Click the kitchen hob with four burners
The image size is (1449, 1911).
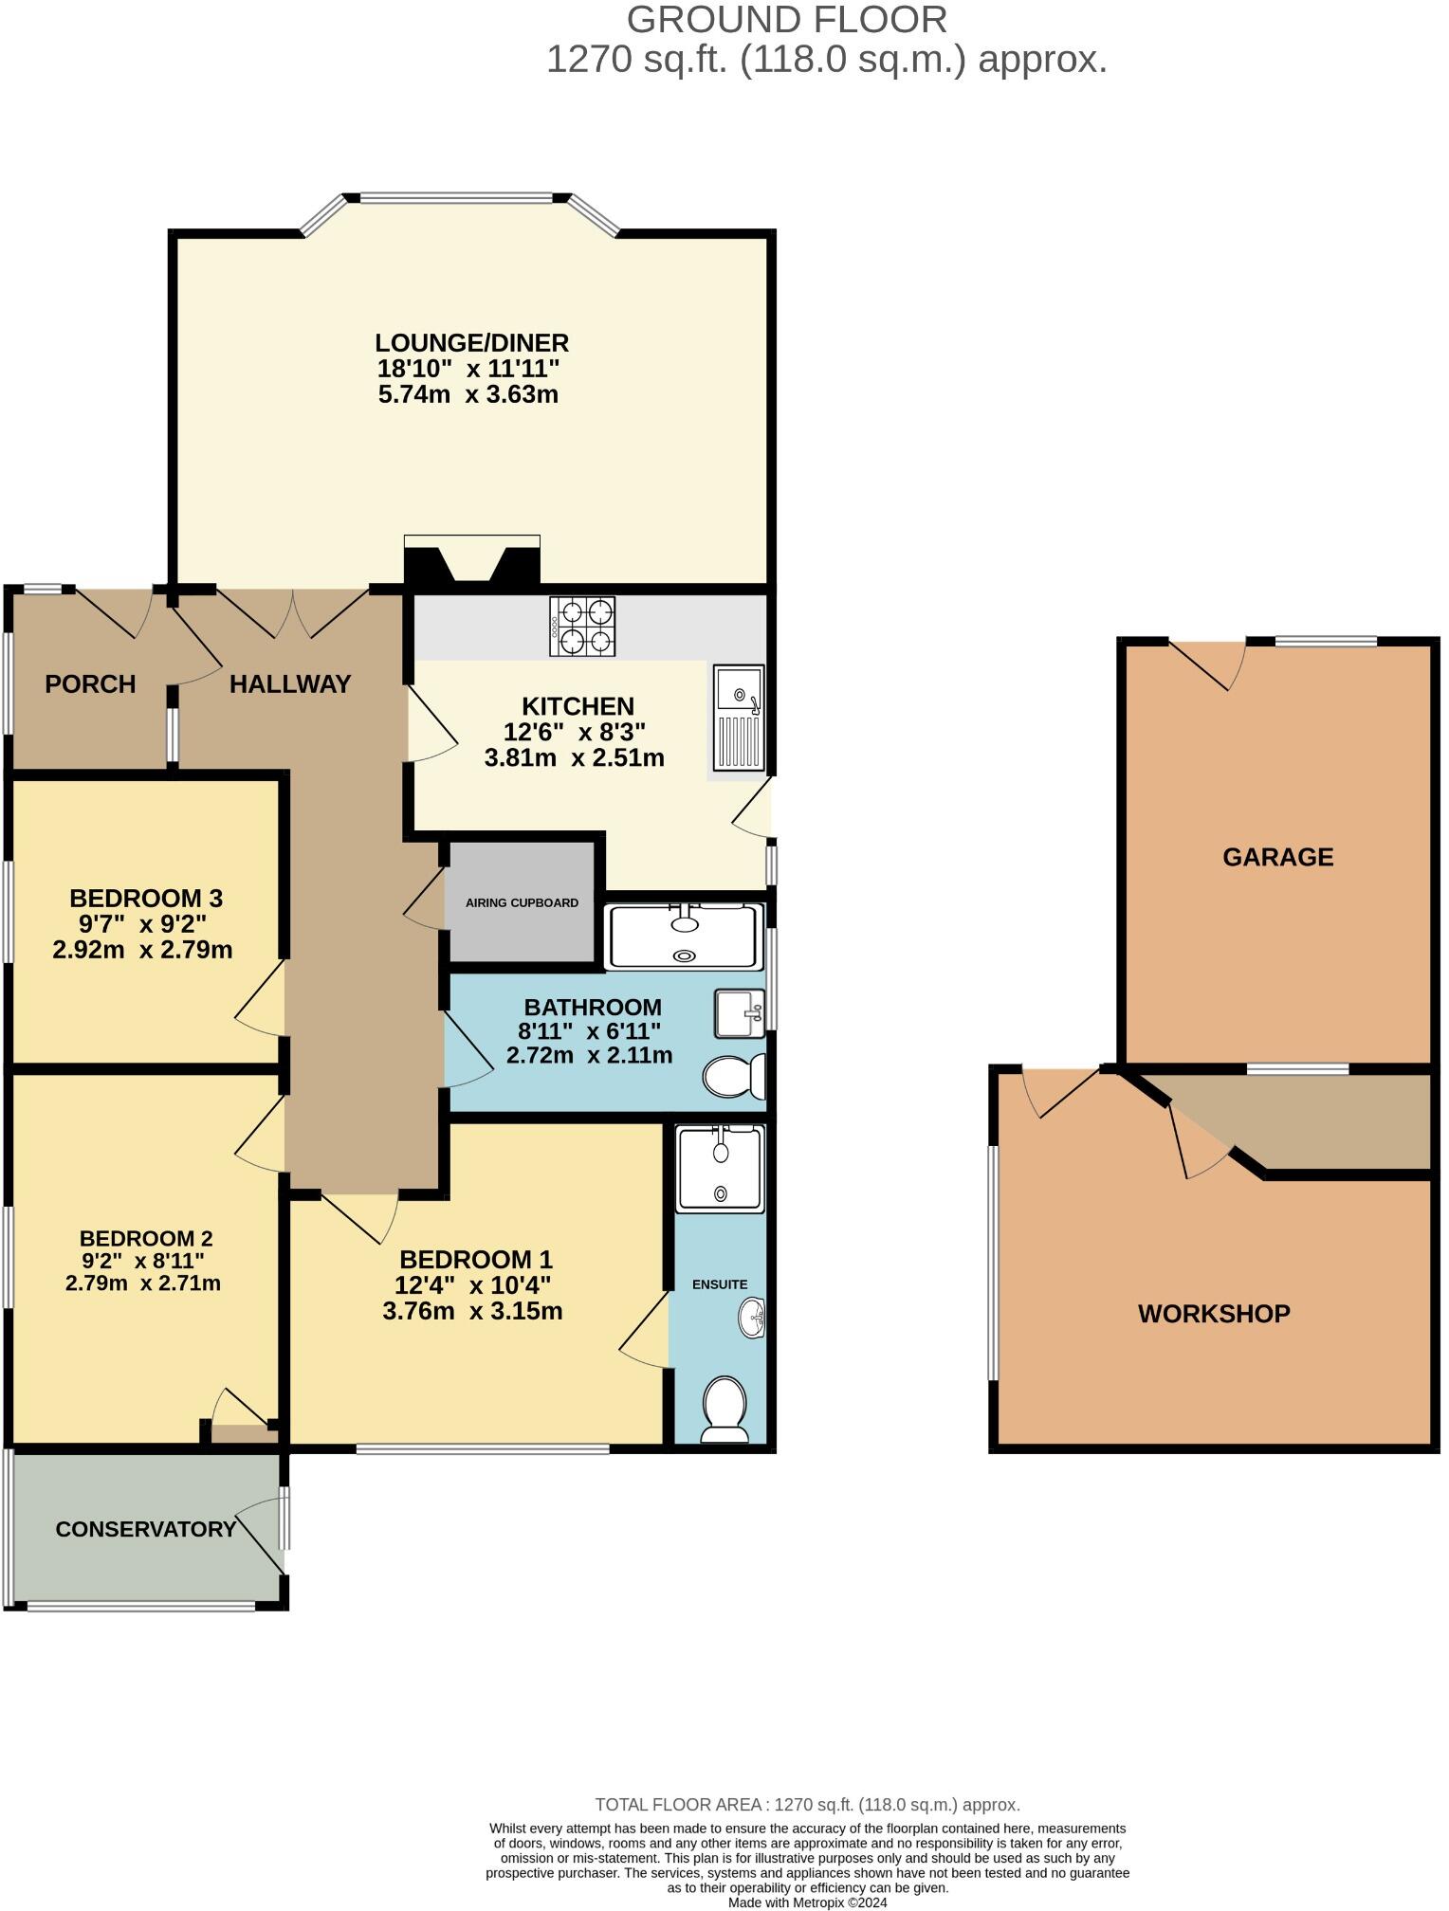(x=581, y=626)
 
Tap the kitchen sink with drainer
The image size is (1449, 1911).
(x=739, y=718)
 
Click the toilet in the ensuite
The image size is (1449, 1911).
(x=724, y=1410)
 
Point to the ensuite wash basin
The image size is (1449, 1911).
(x=752, y=1318)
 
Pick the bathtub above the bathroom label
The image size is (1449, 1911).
(x=685, y=937)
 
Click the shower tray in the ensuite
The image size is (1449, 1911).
(x=720, y=1169)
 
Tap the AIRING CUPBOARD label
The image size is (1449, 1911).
(x=522, y=902)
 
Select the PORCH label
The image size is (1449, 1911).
(x=90, y=684)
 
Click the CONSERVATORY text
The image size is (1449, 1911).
(x=145, y=1529)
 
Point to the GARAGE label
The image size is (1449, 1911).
(x=1277, y=857)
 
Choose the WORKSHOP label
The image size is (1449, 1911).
(x=1214, y=1314)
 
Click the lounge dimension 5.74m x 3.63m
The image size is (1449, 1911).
(x=468, y=394)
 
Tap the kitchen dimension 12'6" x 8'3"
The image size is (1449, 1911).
(x=575, y=732)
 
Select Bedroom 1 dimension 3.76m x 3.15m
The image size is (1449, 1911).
(x=472, y=1311)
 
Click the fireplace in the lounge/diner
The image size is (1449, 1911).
(x=471, y=561)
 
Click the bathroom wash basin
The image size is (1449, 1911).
(x=739, y=1013)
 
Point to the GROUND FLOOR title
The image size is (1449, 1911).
(x=786, y=20)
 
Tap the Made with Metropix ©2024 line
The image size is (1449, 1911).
(x=807, y=1902)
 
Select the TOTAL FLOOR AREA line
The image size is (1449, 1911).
(x=807, y=1805)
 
